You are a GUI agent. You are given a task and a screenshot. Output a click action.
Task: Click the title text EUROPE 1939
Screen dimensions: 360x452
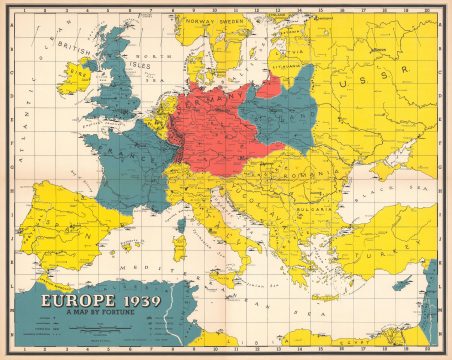(x=89, y=301)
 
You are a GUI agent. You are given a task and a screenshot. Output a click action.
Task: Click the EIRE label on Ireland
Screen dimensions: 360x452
(x=70, y=77)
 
